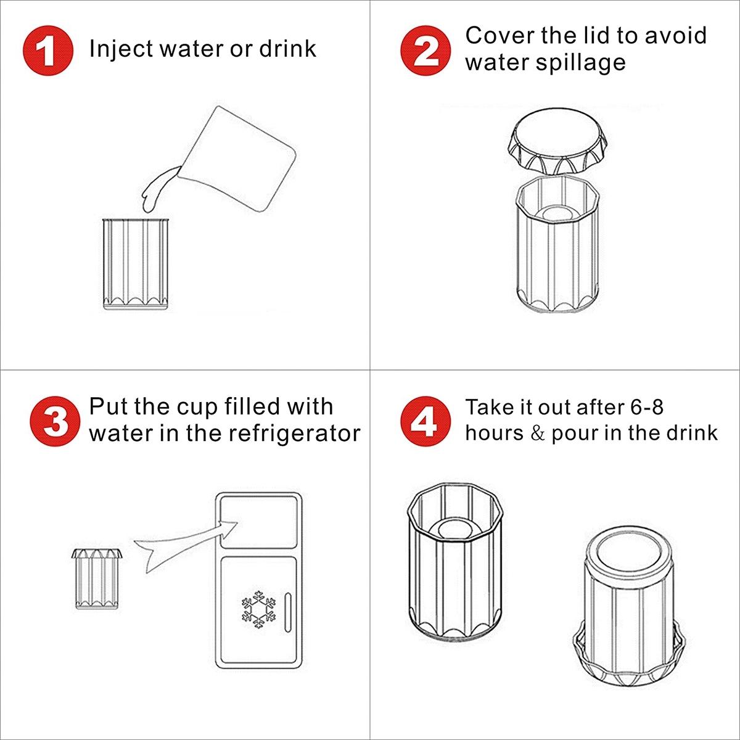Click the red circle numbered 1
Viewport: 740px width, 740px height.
[x=48, y=51]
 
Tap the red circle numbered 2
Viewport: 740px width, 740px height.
[x=426, y=51]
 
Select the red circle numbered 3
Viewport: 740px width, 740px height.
[x=55, y=421]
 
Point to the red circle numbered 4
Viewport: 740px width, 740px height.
[x=426, y=421]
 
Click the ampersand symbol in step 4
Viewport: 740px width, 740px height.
[x=538, y=434]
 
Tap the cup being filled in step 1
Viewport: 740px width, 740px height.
[x=136, y=264]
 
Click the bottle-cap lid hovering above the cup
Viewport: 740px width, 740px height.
[x=558, y=142]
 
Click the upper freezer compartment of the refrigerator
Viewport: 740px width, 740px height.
[x=259, y=522]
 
